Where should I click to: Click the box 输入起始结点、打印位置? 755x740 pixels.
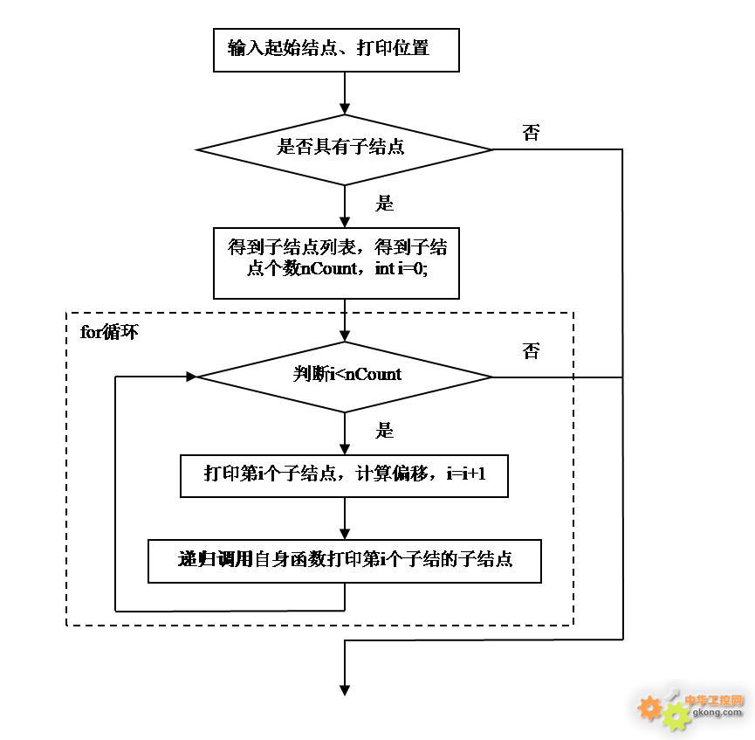click(x=336, y=49)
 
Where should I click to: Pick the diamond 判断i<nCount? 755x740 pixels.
click(x=345, y=376)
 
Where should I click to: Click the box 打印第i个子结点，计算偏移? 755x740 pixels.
click(x=344, y=475)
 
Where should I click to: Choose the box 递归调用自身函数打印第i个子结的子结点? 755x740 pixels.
click(x=345, y=561)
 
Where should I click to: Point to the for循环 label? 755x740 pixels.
click(x=109, y=333)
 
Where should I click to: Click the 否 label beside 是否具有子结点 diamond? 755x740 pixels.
click(x=531, y=133)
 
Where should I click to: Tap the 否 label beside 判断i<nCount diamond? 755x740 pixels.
click(x=531, y=351)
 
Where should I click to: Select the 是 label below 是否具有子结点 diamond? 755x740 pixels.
click(x=384, y=204)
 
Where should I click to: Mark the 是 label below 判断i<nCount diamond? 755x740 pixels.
click(x=384, y=431)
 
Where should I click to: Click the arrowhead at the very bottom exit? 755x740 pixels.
click(x=345, y=689)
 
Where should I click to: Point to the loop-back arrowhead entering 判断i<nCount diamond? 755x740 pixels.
click(x=191, y=377)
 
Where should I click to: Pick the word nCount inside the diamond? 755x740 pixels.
click(x=374, y=375)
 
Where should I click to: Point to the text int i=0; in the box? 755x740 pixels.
click(x=402, y=269)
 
